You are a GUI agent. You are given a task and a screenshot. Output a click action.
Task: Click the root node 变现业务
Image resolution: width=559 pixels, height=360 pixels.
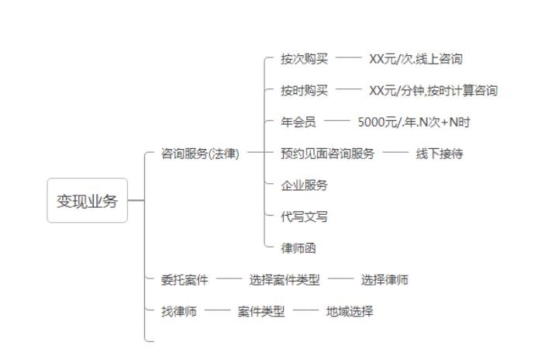tap(87, 201)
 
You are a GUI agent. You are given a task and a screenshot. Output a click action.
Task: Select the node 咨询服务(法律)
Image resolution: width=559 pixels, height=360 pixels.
tap(200, 154)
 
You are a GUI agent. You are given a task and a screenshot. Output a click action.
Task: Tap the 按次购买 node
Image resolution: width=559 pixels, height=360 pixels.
tap(304, 59)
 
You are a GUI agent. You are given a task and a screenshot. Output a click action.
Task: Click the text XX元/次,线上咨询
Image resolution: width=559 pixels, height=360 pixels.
tap(416, 59)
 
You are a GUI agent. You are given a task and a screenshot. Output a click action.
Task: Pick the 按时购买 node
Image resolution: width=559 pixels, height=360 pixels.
tap(304, 91)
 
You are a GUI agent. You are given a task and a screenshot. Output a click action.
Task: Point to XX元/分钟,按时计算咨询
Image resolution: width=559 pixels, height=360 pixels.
tap(433, 91)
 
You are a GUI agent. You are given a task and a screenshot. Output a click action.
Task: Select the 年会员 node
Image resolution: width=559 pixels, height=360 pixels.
tap(298, 122)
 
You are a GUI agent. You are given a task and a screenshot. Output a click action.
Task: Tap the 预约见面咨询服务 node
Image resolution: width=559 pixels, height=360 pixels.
tap(327, 154)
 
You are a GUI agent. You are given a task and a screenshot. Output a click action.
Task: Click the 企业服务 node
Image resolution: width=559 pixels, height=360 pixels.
tap(304, 185)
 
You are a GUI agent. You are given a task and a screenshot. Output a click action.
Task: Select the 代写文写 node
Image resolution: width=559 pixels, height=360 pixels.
tap(304, 216)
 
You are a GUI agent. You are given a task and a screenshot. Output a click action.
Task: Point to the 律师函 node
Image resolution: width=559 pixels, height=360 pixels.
tap(298, 248)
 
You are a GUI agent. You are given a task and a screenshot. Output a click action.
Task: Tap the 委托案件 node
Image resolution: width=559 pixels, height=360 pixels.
tap(185, 280)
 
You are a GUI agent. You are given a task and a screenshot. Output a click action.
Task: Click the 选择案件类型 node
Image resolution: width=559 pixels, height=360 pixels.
tap(284, 280)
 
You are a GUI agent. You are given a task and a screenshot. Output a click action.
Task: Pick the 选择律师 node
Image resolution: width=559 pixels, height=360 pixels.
tap(385, 280)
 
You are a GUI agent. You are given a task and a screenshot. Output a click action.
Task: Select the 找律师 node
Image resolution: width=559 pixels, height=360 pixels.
tap(179, 312)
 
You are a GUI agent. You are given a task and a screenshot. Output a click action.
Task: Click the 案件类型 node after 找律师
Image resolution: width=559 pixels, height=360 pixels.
tap(261, 312)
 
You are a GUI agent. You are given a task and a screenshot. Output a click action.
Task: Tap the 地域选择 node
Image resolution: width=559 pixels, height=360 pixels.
tap(349, 312)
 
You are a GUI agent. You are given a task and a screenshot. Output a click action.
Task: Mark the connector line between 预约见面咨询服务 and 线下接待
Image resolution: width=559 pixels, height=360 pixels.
tap(395, 154)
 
